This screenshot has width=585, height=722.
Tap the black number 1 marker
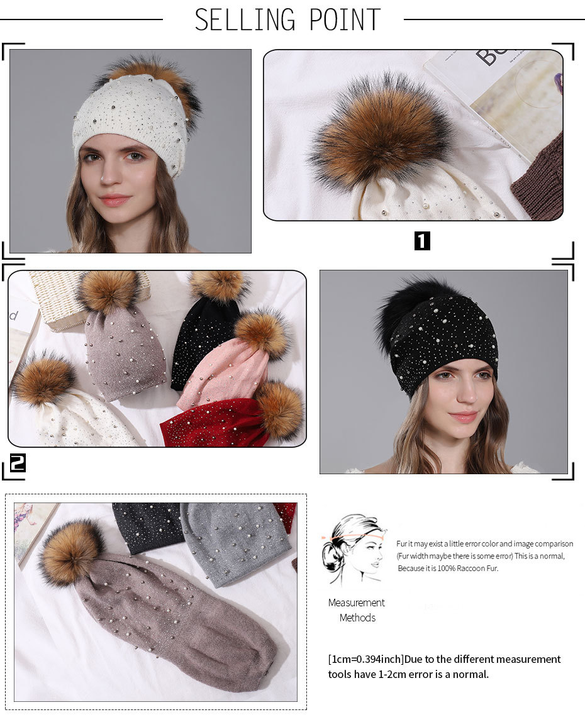422,241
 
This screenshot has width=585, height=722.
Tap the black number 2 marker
17,463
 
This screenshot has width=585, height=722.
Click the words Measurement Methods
357,610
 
